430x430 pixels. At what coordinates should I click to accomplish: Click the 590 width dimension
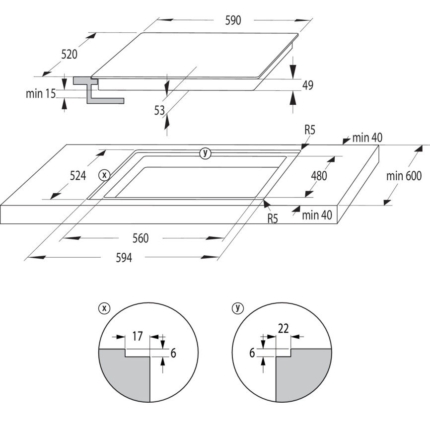233,20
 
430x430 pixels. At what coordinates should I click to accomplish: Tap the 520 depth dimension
69,54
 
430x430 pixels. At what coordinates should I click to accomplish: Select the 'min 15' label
41,94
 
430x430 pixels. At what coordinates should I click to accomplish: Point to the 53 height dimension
159,111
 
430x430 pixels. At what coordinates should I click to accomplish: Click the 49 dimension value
308,85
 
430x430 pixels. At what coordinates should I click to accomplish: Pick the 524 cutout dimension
78,175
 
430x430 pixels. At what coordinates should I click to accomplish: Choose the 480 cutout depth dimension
319,176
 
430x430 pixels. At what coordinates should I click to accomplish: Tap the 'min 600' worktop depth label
404,176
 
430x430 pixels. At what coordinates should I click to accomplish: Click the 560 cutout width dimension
141,238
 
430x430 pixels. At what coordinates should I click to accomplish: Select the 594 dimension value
124,258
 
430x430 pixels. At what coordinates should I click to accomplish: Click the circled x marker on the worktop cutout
104,175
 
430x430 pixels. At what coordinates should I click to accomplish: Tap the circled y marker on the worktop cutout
205,153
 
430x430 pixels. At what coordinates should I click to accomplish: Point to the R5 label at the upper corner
310,130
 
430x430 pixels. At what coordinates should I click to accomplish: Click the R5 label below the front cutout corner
273,218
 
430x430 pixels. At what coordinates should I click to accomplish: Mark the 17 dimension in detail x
138,336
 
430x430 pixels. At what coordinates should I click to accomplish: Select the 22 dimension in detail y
284,328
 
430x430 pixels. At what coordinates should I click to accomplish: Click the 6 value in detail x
173,353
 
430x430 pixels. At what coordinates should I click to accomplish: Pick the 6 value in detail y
252,353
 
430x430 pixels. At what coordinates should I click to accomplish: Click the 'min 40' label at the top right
367,138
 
